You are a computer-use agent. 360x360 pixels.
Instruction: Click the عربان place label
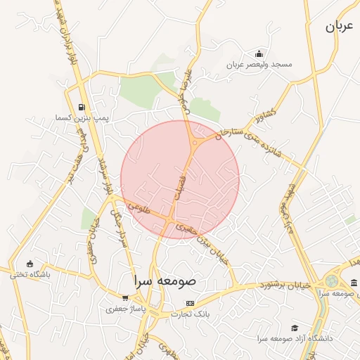(x=337, y=27)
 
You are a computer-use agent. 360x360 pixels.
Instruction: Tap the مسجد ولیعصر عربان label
(x=259, y=65)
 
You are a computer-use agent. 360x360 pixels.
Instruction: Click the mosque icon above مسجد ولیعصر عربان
(x=259, y=53)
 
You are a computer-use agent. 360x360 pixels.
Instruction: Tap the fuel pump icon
(x=84, y=108)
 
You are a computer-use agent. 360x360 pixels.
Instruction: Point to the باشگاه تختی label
(x=30, y=274)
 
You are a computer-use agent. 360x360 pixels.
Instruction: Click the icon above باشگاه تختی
(x=30, y=263)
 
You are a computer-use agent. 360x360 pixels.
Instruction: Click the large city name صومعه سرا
(x=167, y=281)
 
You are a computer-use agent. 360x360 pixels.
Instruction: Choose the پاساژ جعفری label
(x=125, y=308)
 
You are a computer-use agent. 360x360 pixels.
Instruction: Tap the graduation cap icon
(x=295, y=328)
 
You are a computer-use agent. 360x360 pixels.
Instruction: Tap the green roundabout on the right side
(x=330, y=281)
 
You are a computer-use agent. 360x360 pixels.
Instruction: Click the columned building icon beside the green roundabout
(x=352, y=283)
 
